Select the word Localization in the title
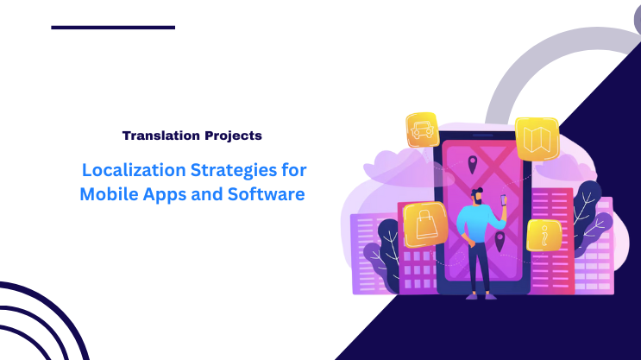pos(129,169)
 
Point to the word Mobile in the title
pos(107,194)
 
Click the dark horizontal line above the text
pos(113,28)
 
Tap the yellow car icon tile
pos(423,130)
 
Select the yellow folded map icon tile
pos(537,139)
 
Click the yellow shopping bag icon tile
pos(425,224)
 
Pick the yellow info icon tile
pos(544,234)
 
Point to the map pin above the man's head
pos(472,164)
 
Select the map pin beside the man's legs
pos(500,239)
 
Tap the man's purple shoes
pos(480,295)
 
